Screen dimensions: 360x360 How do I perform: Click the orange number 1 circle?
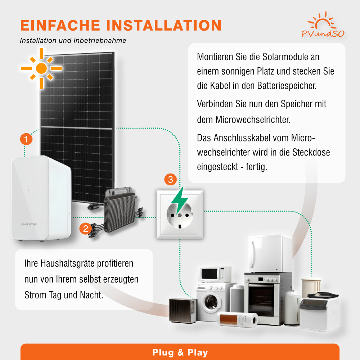26,139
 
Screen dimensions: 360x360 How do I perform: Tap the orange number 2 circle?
85,229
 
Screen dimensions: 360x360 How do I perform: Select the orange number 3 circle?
170,179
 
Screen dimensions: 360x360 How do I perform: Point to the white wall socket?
180,215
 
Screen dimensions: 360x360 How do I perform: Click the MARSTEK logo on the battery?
29,224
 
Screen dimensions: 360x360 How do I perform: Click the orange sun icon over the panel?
41,68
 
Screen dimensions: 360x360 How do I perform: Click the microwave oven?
215,274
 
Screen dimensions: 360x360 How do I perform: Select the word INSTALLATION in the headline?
164,25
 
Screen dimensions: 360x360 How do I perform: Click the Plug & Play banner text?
180,352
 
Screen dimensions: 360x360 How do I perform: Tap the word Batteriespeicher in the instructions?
287,86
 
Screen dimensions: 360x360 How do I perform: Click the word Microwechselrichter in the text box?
253,120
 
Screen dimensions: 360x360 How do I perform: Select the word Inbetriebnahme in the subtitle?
100,40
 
